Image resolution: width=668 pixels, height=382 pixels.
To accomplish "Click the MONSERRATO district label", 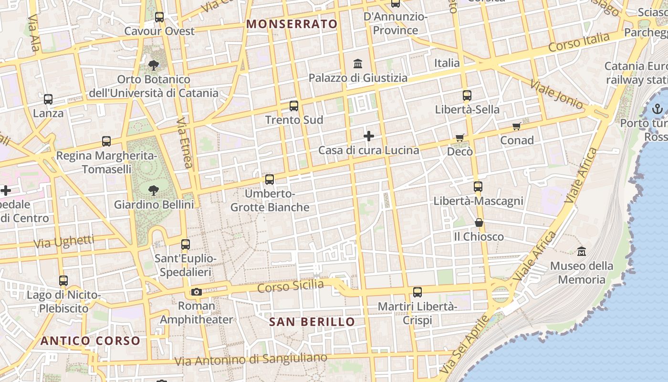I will (292, 24).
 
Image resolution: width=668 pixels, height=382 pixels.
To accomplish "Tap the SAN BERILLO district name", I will (312, 322).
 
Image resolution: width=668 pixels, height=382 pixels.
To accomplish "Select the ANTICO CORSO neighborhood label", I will (90, 341).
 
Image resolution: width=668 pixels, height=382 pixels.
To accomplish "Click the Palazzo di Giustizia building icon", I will (358, 64).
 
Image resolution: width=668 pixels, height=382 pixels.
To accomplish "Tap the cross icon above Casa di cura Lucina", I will (369, 137).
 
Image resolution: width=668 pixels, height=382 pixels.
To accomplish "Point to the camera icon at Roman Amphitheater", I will (196, 292).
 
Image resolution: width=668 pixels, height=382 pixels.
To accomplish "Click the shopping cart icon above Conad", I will (516, 127).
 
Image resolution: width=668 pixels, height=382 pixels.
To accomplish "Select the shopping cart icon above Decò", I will (459, 138).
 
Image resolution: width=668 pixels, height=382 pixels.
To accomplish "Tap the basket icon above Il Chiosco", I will (479, 223).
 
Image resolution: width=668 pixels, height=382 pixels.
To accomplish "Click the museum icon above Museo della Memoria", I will (582, 251).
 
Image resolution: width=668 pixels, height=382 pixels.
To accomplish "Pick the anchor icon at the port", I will (658, 109).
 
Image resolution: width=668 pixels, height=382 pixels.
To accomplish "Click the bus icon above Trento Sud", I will (294, 106).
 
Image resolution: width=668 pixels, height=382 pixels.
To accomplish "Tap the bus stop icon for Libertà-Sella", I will (467, 95).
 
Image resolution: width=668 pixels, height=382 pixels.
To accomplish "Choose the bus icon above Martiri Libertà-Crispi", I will (417, 292).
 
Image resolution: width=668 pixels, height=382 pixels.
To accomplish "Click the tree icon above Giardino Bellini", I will (154, 191).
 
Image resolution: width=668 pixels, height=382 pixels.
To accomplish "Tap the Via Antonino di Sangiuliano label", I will (251, 359).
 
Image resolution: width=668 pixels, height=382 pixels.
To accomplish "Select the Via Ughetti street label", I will (63, 242).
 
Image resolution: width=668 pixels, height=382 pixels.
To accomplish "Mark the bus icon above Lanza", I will (48, 100).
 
